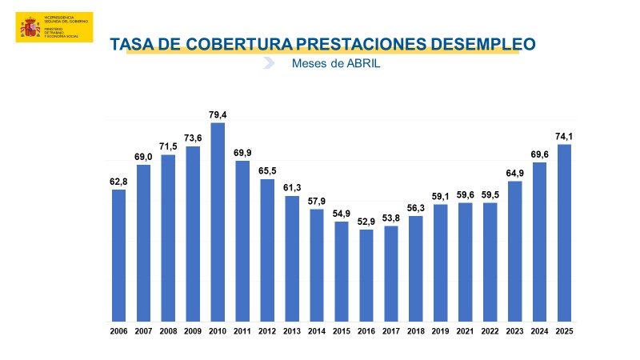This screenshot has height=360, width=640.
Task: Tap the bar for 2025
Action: click(565, 233)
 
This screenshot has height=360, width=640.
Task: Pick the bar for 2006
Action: click(118, 255)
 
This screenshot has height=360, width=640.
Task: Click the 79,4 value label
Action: click(218, 114)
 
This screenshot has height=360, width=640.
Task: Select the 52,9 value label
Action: click(366, 221)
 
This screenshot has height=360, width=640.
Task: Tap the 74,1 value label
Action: click(565, 136)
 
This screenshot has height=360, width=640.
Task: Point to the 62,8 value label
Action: click(118, 181)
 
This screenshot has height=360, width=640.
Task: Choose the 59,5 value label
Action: click(490, 194)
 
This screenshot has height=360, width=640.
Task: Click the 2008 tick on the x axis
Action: click(168, 332)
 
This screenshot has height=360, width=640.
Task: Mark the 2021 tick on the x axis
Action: click(466, 332)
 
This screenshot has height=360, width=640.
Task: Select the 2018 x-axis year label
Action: click(416, 332)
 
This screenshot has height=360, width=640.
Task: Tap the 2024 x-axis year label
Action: click(540, 332)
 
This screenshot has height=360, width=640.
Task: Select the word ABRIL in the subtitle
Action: click(362, 64)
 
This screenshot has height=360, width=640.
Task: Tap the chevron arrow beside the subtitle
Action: click(270, 63)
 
